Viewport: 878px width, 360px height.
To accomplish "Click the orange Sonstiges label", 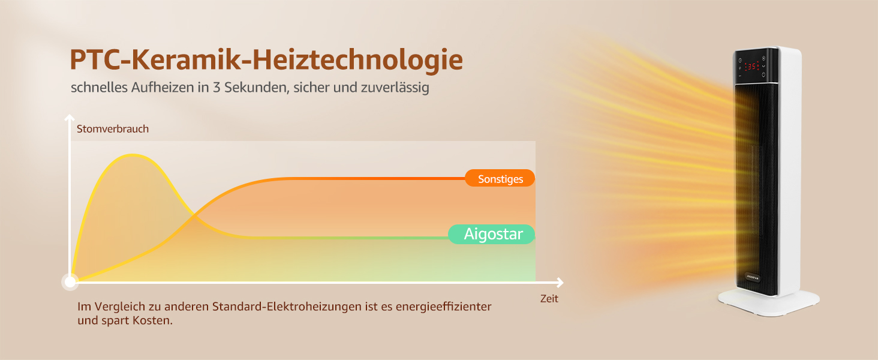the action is (x=500, y=178).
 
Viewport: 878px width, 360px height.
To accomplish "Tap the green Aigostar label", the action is (x=492, y=234).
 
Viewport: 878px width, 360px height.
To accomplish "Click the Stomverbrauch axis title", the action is (x=113, y=129).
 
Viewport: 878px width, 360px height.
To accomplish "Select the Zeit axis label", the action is (x=549, y=299).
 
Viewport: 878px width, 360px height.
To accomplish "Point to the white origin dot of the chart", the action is (x=70, y=282).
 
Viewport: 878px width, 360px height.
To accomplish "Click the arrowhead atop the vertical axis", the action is (x=70, y=117).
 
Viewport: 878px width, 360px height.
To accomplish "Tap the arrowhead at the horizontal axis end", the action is (x=560, y=283).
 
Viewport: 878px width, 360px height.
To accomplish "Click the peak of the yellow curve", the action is (x=133, y=155).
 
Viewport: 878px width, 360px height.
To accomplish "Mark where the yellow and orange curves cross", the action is (x=194, y=215).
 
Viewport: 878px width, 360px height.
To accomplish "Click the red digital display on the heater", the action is (x=752, y=66).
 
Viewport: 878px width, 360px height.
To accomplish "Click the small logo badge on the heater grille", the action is (x=752, y=278).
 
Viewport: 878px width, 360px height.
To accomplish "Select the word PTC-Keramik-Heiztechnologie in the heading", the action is (x=266, y=59).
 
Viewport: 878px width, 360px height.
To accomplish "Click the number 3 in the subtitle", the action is (x=217, y=87).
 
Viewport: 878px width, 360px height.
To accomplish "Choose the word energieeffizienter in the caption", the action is (x=443, y=306).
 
